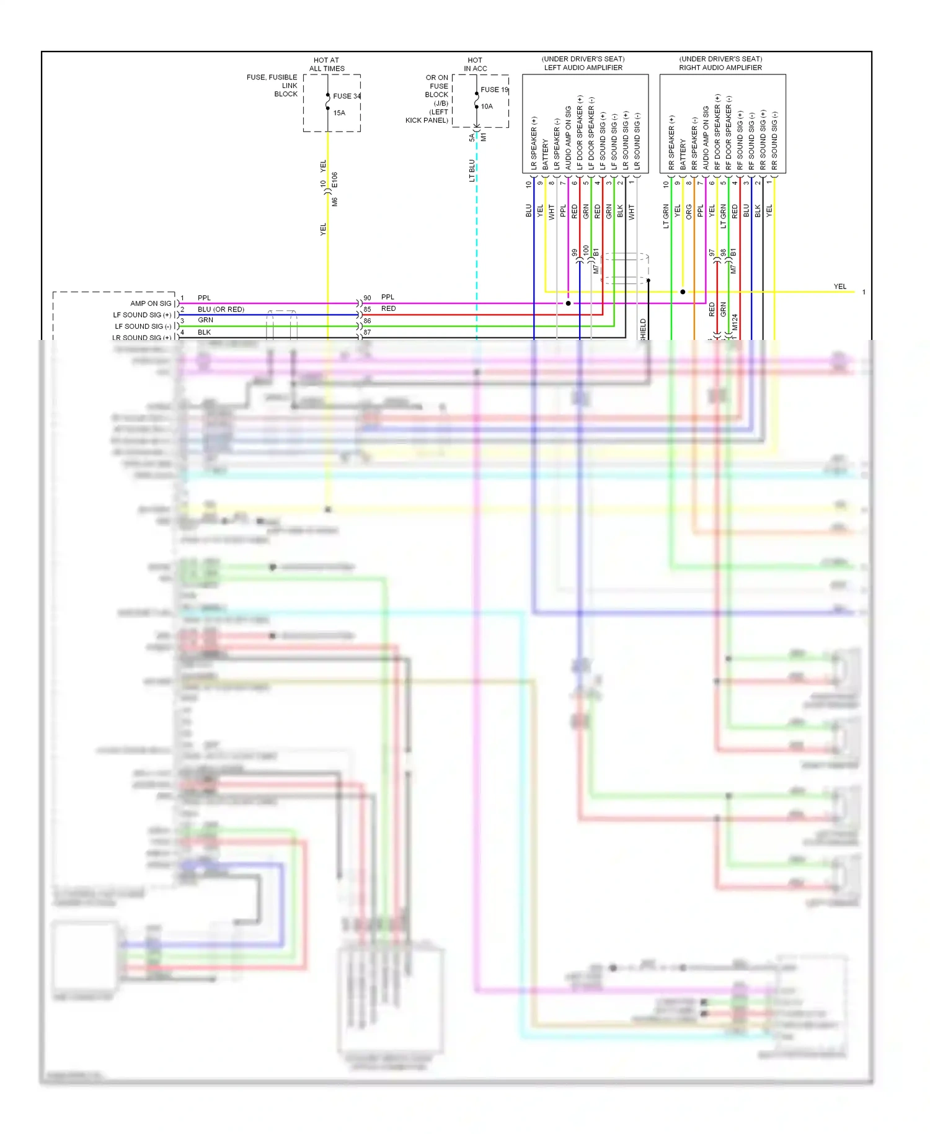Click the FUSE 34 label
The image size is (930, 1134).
[347, 96]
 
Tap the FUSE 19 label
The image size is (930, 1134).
[494, 90]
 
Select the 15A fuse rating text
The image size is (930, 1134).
[339, 113]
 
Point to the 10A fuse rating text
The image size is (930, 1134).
[487, 107]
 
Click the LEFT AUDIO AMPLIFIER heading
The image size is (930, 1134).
[583, 68]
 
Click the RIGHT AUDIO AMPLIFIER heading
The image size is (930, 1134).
[720, 68]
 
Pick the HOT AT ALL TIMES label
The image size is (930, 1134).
[327, 65]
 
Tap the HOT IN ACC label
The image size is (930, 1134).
[475, 65]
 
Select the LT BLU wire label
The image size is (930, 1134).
[472, 171]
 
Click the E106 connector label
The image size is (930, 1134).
[335, 180]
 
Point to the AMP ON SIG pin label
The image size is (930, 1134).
[151, 303]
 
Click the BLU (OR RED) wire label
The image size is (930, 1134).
[221, 309]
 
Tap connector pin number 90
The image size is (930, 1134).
[367, 298]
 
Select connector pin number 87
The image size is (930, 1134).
[367, 333]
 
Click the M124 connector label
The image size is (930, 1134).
[735, 322]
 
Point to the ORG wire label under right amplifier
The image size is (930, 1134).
[689, 212]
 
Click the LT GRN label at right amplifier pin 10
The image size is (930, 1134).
[666, 216]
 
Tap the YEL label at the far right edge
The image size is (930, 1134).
[839, 287]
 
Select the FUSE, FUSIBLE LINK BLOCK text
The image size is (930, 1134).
[272, 86]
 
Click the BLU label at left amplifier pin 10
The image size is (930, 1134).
[529, 210]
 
